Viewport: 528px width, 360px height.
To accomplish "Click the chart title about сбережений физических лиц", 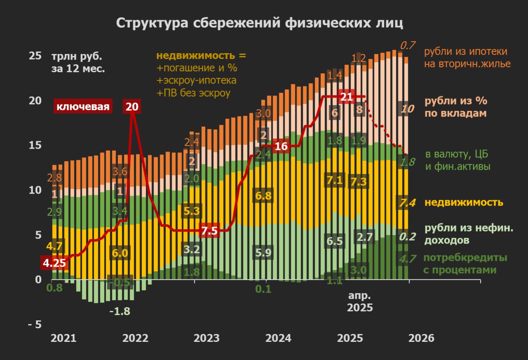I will tap(259, 23).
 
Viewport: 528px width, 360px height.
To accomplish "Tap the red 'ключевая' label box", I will tap(82, 107).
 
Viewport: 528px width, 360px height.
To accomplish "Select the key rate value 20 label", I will tap(132, 107).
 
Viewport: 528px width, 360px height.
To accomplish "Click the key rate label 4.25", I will tap(54, 263).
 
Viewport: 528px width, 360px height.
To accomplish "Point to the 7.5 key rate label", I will tap(209, 231).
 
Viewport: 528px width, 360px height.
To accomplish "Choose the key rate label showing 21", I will tap(346, 97).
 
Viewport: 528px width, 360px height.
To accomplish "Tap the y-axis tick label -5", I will tap(35, 324).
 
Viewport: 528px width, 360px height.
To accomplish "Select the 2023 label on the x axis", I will tap(207, 338).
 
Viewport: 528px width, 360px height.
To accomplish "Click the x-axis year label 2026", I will tap(421, 338).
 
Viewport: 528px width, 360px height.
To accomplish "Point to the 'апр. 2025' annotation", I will tap(360, 302).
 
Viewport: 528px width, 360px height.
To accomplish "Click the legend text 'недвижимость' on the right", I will tap(464, 203).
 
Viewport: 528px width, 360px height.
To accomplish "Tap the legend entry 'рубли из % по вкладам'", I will tap(456, 107).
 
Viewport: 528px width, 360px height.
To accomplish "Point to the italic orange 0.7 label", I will tap(407, 45).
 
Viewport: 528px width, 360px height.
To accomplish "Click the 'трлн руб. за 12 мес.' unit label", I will tap(78, 62).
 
